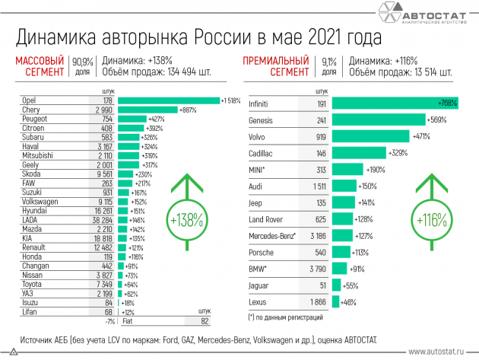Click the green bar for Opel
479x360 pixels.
[168, 100]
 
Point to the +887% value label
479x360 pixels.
[187, 110]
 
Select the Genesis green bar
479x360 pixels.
[379, 119]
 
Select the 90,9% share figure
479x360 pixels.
[81, 61]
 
